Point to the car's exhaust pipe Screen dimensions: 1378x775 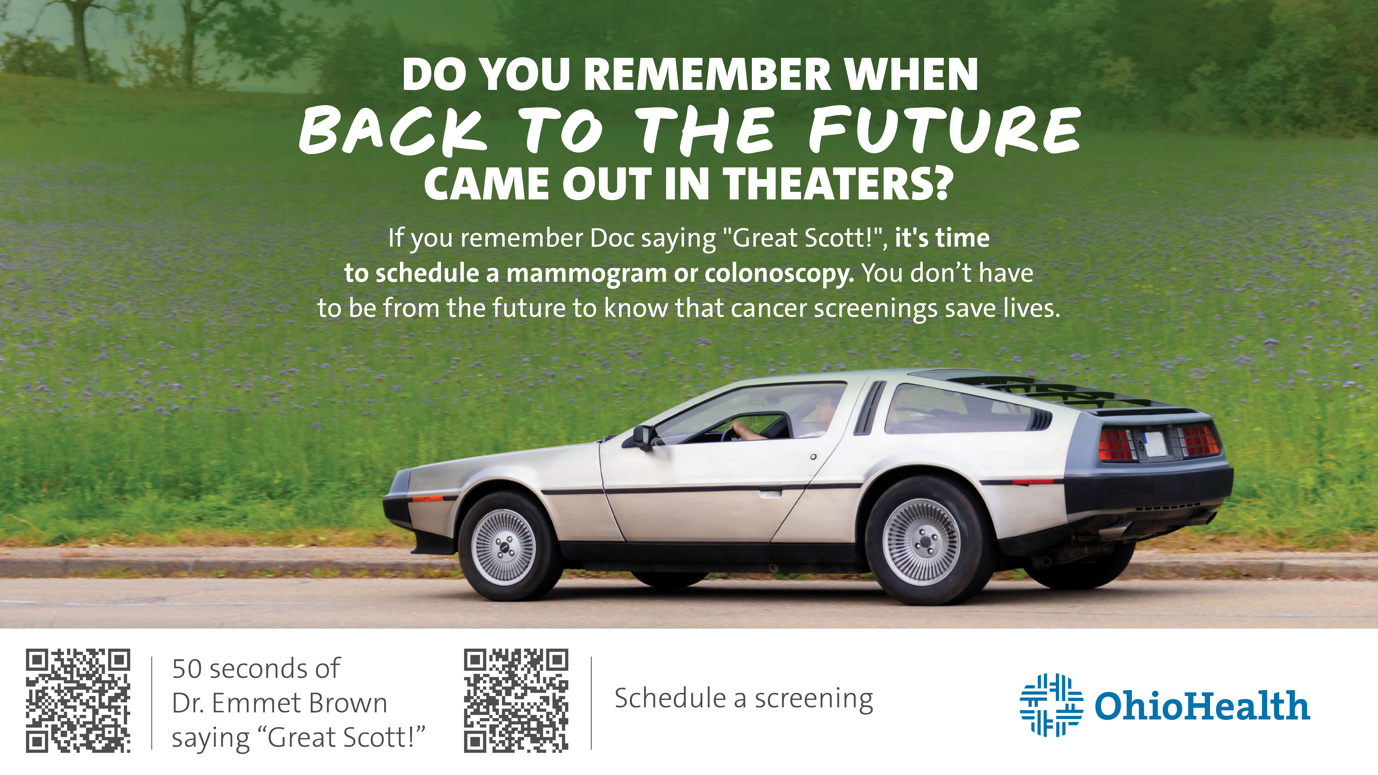[1115, 530]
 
